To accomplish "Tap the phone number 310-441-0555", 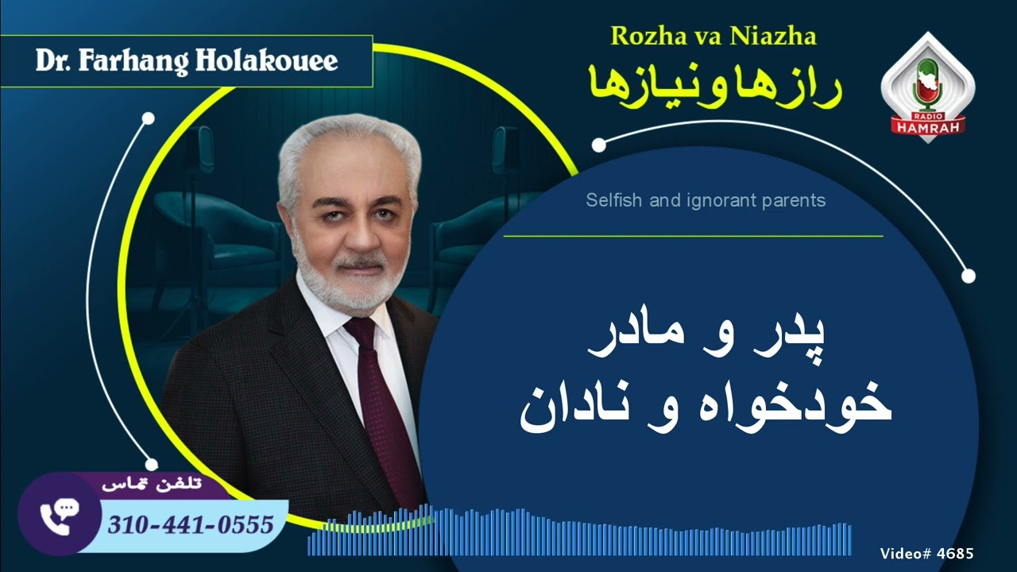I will pyautogui.click(x=191, y=524).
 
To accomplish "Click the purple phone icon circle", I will pyautogui.click(x=58, y=517).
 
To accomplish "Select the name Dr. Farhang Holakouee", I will pyautogui.click(x=187, y=61).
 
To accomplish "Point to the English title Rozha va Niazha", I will pyautogui.click(x=713, y=36).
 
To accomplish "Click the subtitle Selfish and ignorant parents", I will pyautogui.click(x=706, y=200).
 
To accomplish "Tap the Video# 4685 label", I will pyautogui.click(x=926, y=554).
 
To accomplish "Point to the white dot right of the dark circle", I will pyautogui.click(x=968, y=276).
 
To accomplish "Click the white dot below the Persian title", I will pyautogui.click(x=599, y=145).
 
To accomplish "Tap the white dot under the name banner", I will pyautogui.click(x=148, y=119).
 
